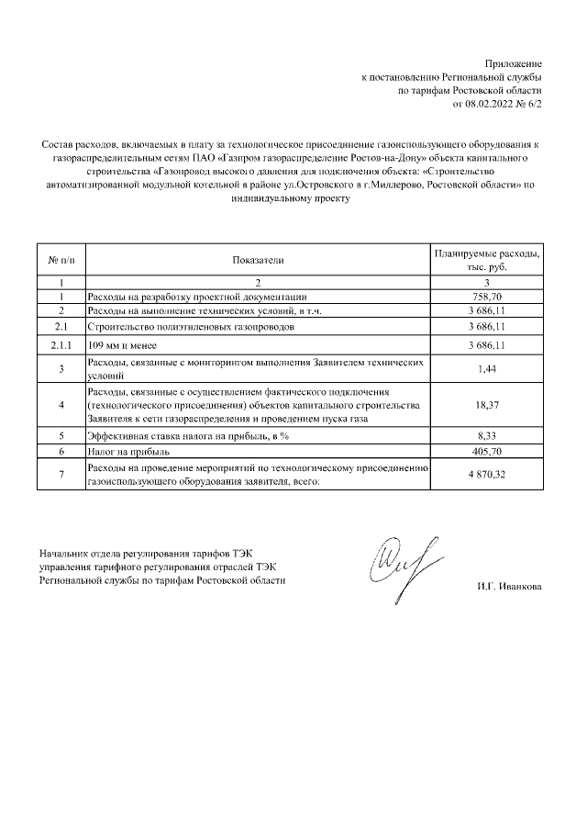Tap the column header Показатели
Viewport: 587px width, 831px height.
click(x=258, y=260)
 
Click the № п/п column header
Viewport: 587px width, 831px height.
click(x=61, y=260)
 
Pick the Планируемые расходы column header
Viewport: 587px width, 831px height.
click(x=487, y=260)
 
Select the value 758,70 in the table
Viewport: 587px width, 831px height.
click(x=487, y=297)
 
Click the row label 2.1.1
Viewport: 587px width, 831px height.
click(x=61, y=345)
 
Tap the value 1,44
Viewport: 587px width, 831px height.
click(x=487, y=369)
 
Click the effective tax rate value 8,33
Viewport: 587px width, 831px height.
click(x=487, y=436)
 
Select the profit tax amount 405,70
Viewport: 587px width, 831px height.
click(x=487, y=452)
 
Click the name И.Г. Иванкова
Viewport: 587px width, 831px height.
click(x=509, y=587)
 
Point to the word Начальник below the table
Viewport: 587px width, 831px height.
click(x=66, y=556)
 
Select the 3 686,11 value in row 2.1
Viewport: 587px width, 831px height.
click(x=487, y=327)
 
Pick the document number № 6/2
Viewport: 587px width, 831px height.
click(x=530, y=105)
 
